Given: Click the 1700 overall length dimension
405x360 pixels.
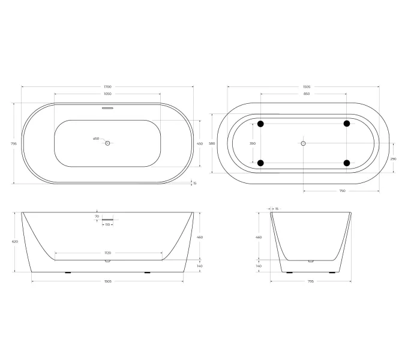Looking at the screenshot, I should [x=107, y=87].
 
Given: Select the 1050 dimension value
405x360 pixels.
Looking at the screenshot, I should [x=107, y=94].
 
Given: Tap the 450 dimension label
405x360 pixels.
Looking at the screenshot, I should [x=200, y=143].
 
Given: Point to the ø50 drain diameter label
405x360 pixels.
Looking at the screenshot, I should [x=96, y=139].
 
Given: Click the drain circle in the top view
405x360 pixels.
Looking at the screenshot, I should [x=108, y=143].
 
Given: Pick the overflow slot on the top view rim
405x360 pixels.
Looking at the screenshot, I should [x=107, y=109].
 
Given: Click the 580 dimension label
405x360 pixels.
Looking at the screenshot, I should [x=212, y=143].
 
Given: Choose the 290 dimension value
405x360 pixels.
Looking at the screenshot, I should [x=393, y=158].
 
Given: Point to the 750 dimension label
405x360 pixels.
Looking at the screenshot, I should [x=342, y=191].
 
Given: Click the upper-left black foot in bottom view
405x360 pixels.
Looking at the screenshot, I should [x=260, y=124].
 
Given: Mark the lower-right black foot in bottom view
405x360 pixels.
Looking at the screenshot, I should [x=347, y=163].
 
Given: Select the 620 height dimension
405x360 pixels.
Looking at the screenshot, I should [x=14, y=242].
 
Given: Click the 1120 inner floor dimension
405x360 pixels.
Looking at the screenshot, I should [x=109, y=253].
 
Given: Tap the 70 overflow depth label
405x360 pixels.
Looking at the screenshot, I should [x=97, y=215].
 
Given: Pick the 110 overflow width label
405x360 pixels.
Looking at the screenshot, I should [x=108, y=224].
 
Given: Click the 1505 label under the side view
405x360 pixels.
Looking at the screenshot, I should [x=108, y=281].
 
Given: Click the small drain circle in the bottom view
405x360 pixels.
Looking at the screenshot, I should [x=304, y=143].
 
